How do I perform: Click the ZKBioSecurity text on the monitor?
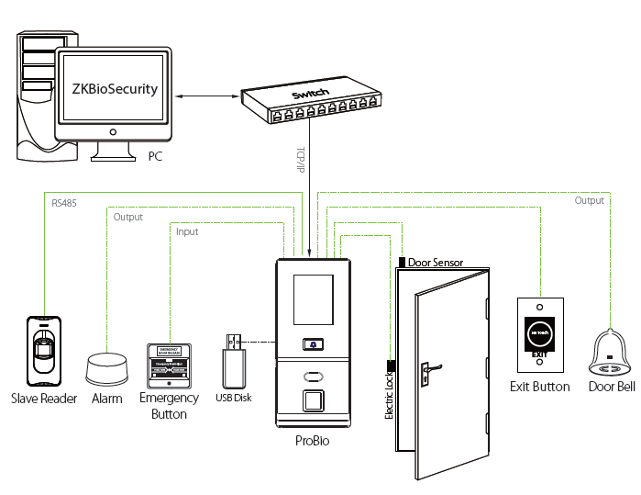(116, 89)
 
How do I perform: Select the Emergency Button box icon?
(169, 366)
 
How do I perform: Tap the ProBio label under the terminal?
(313, 441)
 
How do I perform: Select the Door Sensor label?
(436, 263)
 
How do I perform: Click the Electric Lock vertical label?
(390, 394)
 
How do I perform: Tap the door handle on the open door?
(425, 371)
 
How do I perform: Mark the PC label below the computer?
(155, 157)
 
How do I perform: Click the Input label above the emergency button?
(186, 232)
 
